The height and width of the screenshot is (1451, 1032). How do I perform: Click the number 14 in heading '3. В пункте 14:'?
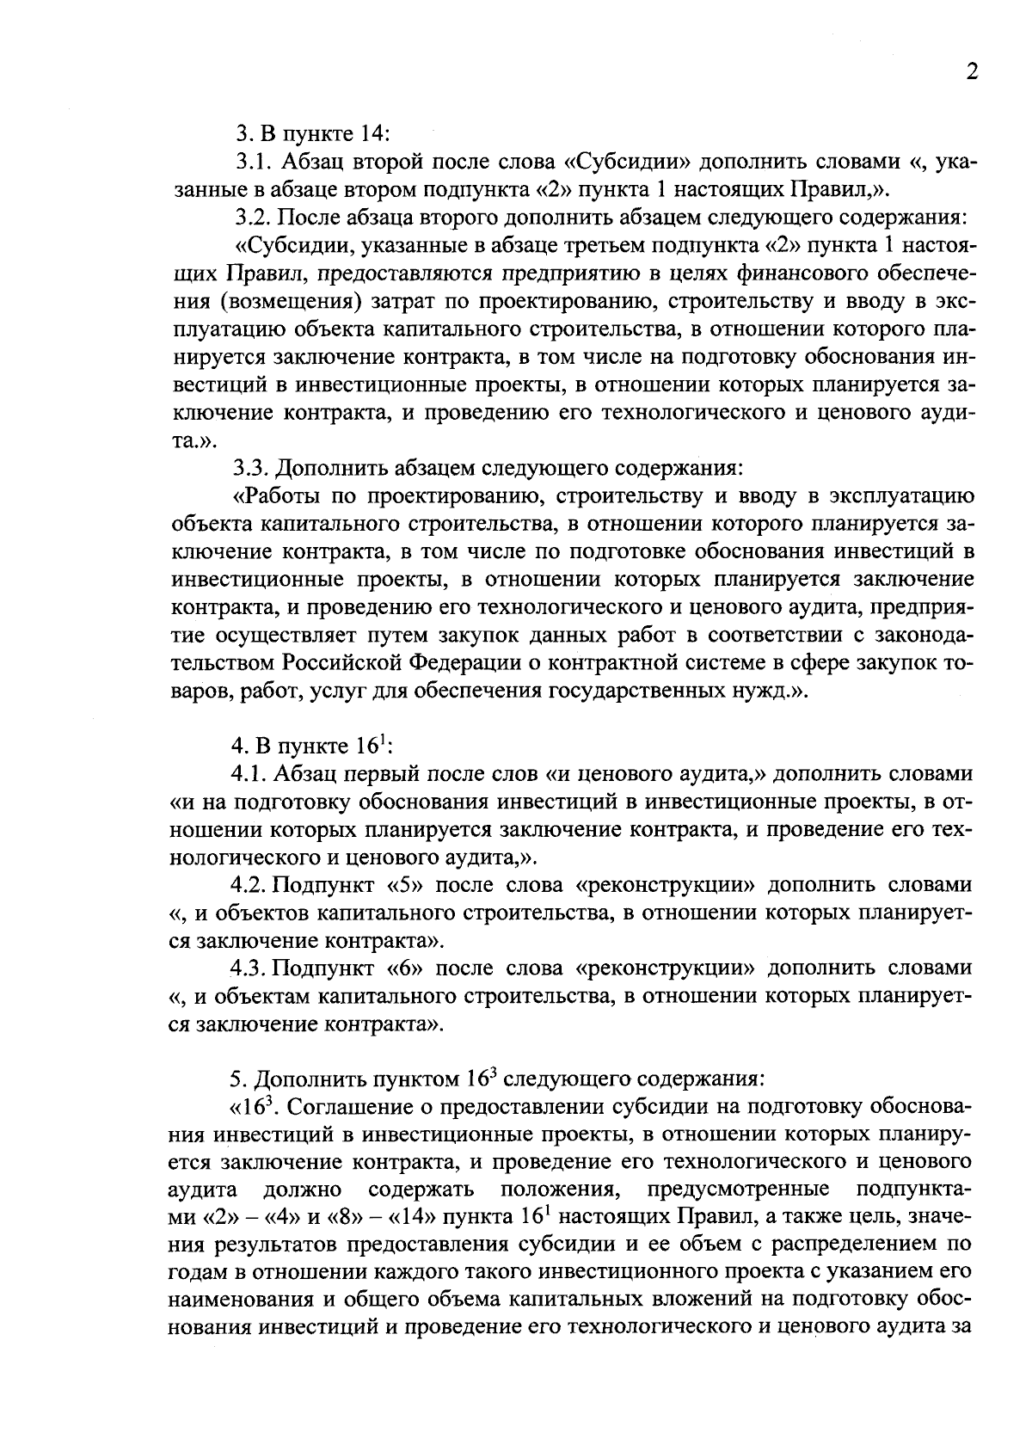click(x=372, y=134)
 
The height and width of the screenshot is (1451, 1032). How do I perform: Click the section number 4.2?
click(x=248, y=885)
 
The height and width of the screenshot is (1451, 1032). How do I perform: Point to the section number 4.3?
click(x=248, y=968)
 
